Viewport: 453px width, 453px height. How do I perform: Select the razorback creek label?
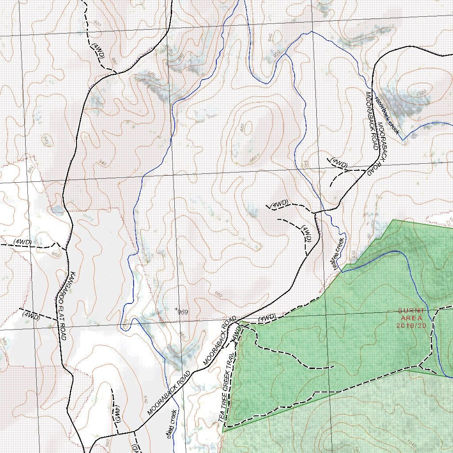pyautogui.click(x=388, y=115)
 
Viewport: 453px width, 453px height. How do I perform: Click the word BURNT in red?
pyautogui.click(x=411, y=311)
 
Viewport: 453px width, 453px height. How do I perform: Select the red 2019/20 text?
pyautogui.click(x=411, y=325)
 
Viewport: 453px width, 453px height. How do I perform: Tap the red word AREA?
pyautogui.click(x=411, y=318)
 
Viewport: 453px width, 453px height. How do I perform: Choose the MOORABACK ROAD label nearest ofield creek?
pyautogui.click(x=169, y=393)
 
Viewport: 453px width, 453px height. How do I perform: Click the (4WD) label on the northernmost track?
pyautogui.click(x=99, y=52)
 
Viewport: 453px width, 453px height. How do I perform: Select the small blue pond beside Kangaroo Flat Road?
pyautogui.click(x=56, y=209)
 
